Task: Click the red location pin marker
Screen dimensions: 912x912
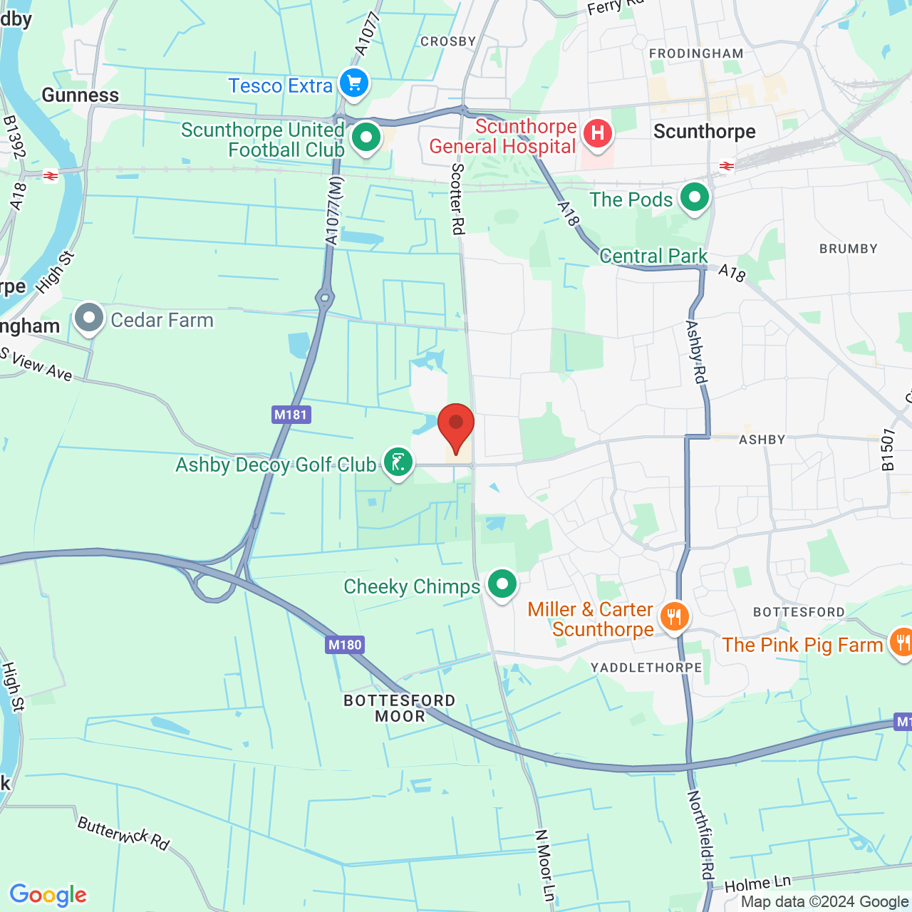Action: tap(456, 426)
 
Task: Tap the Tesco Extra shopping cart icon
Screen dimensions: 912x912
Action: tap(354, 84)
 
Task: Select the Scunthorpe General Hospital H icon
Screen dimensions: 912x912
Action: tap(597, 133)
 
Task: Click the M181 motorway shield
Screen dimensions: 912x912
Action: tap(291, 415)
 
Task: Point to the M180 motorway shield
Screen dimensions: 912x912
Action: tap(345, 645)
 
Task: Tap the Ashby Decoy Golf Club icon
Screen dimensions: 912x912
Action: tap(398, 462)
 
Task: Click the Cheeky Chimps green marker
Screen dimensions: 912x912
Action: tap(502, 584)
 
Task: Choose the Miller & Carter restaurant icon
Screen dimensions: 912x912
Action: tap(674, 617)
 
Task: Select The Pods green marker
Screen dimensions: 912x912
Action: tap(695, 197)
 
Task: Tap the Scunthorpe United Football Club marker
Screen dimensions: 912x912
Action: tap(366, 138)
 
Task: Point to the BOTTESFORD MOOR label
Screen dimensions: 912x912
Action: tap(400, 708)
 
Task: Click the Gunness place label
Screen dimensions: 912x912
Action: tap(81, 95)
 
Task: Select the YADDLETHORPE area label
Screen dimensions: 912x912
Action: tap(646, 668)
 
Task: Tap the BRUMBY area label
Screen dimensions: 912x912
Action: tap(848, 249)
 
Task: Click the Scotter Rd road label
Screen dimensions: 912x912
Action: tap(458, 199)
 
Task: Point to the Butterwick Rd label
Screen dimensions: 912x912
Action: tap(123, 834)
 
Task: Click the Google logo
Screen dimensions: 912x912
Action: tap(48, 895)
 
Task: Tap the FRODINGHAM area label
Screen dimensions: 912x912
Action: tap(696, 53)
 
